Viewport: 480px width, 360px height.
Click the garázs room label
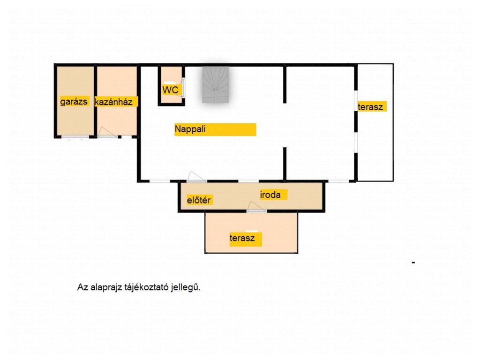[x=74, y=101]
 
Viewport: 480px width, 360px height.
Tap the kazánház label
[x=113, y=102]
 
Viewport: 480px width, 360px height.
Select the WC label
[x=170, y=90]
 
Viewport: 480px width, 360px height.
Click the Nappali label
[x=190, y=129]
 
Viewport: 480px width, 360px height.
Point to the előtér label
[x=199, y=200]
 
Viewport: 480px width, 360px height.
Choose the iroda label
[x=270, y=195]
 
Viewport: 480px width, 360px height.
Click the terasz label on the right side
[x=370, y=107]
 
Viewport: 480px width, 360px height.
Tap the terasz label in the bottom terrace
[x=242, y=238]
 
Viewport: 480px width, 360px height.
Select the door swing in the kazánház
[x=107, y=132]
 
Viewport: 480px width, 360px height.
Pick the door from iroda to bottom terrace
[x=256, y=207]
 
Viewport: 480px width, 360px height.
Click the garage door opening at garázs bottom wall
[x=75, y=137]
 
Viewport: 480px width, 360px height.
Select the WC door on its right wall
[x=183, y=88]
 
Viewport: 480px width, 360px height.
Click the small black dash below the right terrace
[x=413, y=262]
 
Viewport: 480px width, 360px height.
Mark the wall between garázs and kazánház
[x=96, y=101]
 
